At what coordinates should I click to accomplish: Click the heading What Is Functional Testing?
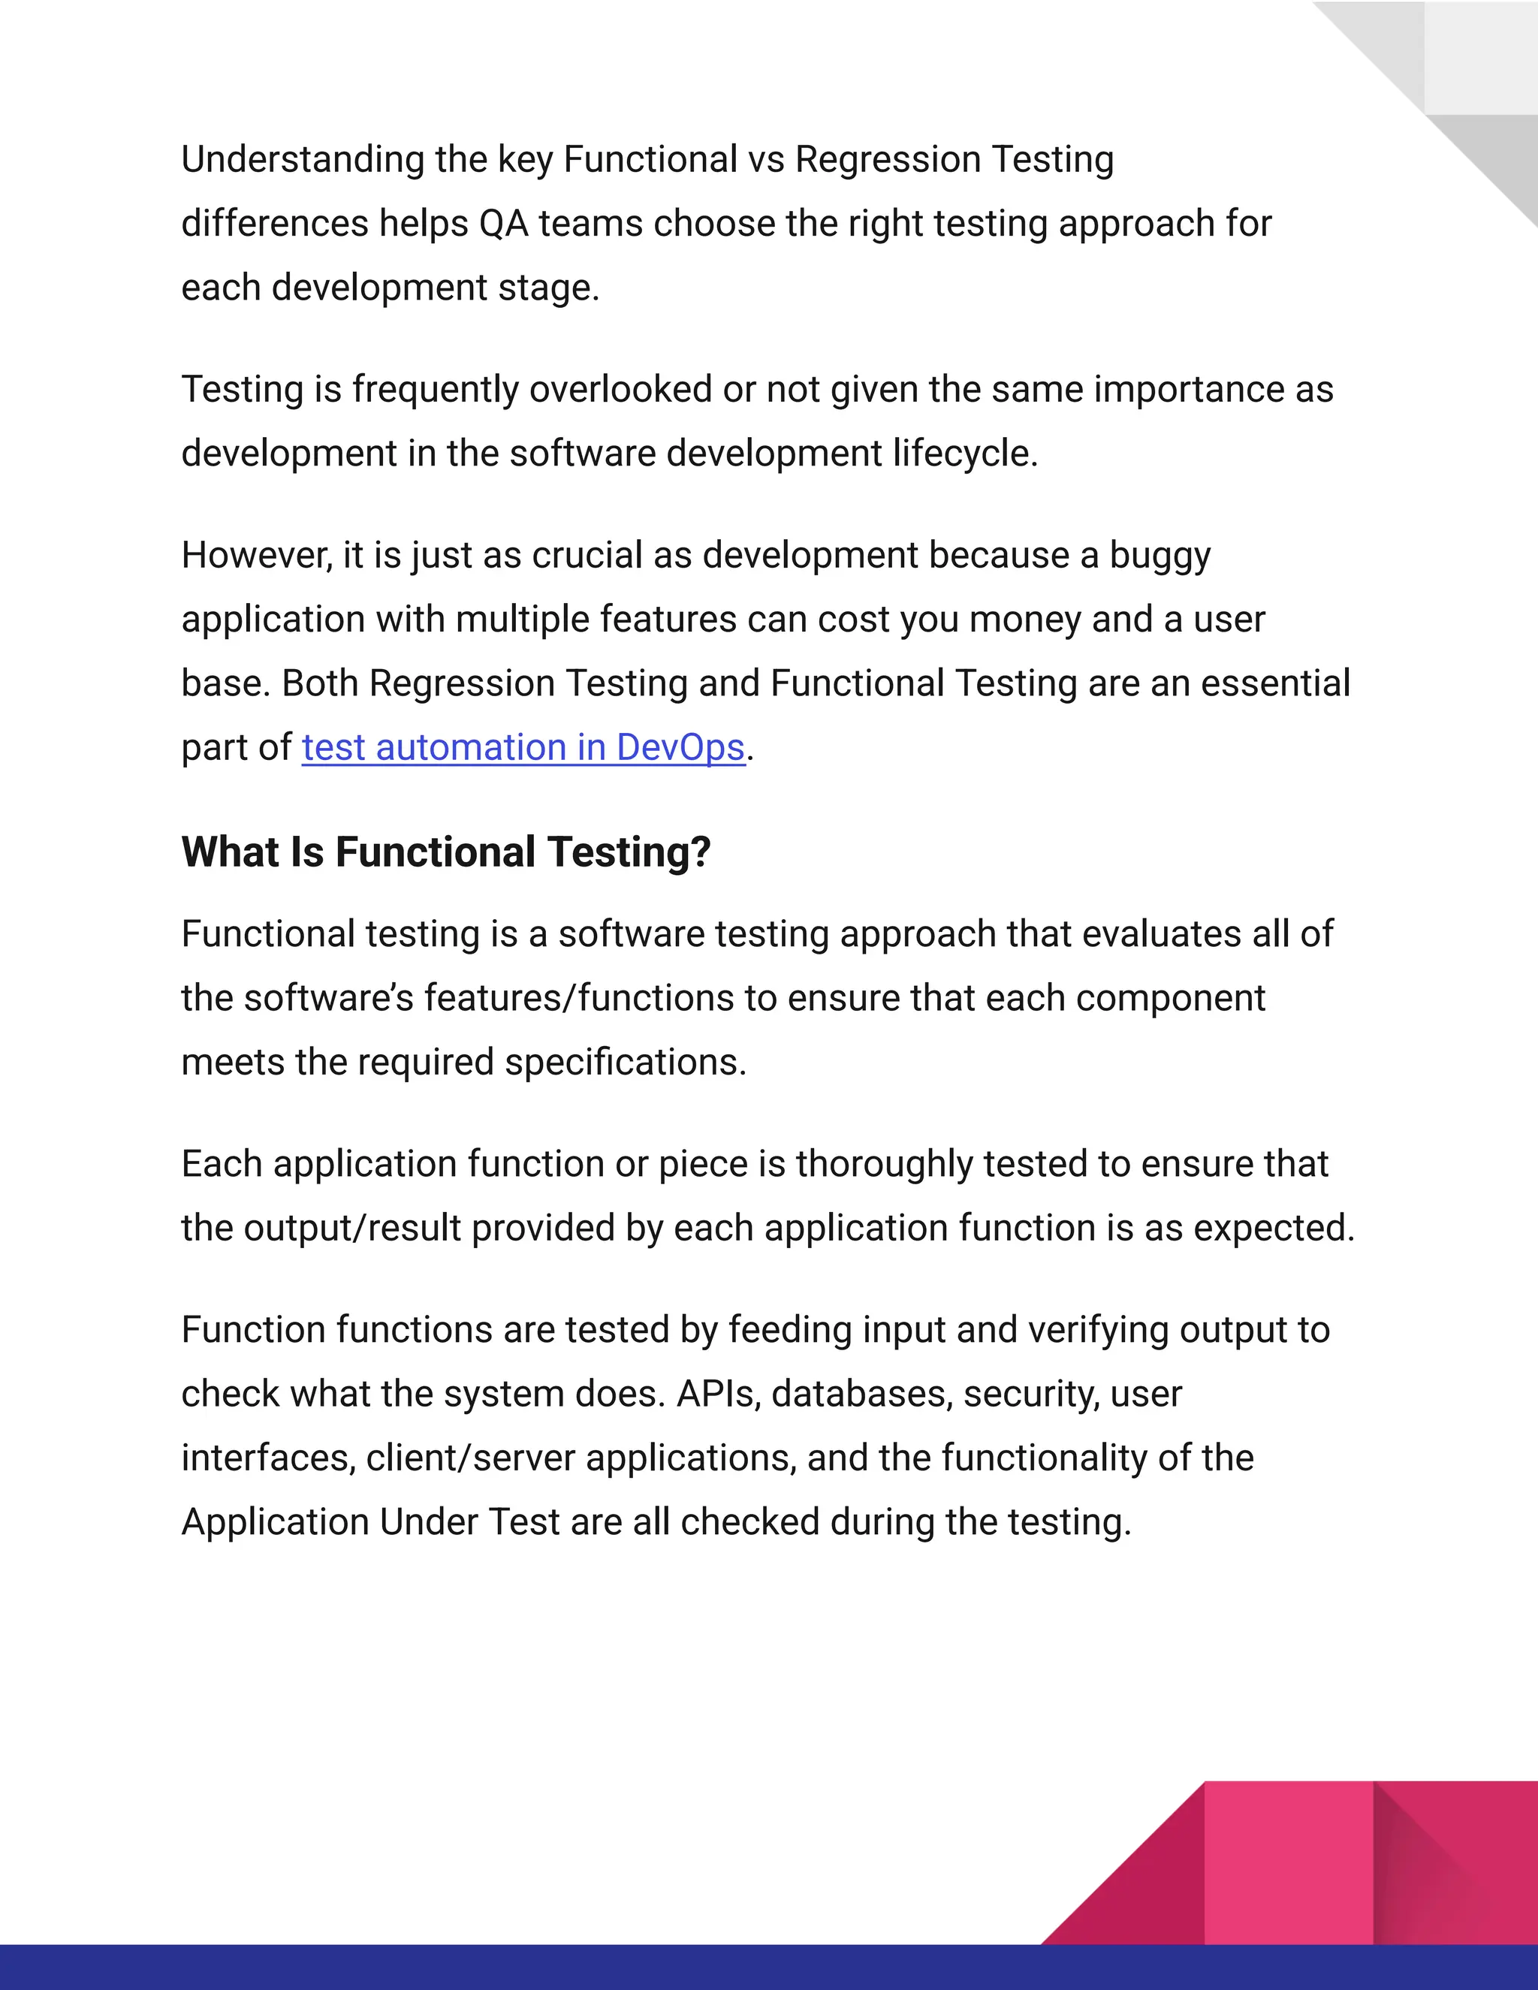point(445,852)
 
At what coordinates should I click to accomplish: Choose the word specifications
point(625,1063)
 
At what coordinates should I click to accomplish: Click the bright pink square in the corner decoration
point(1289,1862)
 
